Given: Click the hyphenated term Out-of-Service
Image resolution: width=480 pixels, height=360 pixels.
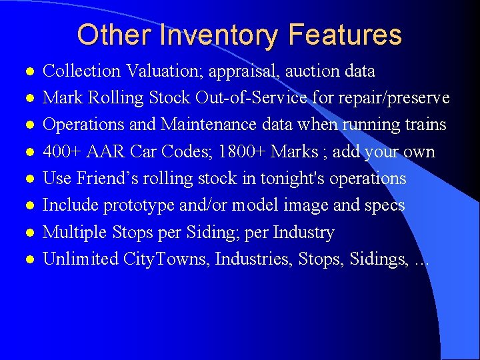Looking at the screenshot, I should pos(251,98).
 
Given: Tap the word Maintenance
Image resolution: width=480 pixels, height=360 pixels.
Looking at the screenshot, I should pos(206,125).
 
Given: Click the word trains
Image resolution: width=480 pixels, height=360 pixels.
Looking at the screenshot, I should pos(424,125).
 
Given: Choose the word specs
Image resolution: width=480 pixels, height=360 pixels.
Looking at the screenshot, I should pos(384,205).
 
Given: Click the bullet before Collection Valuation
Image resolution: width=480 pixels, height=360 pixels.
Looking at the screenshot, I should pos(27,71).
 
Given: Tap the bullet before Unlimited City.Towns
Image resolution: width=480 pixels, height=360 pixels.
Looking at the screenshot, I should pos(27,260).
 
